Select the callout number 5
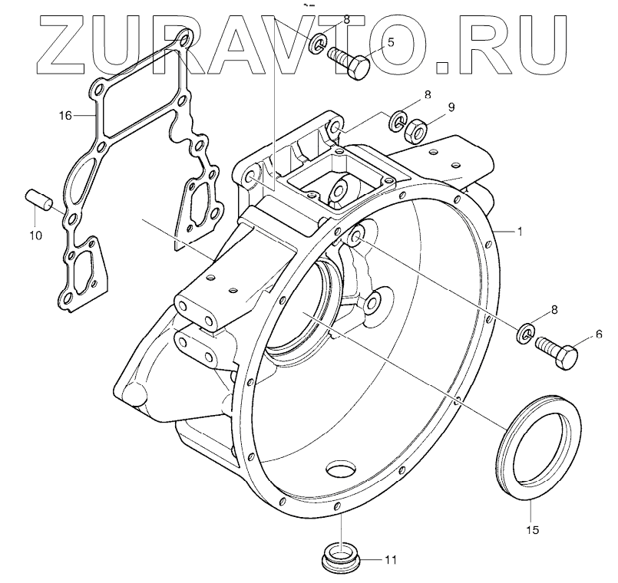391,43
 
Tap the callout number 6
599,334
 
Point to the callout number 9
451,107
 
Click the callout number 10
36,235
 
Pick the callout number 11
391,559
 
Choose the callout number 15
532,529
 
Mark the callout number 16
65,116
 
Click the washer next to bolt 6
526,332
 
